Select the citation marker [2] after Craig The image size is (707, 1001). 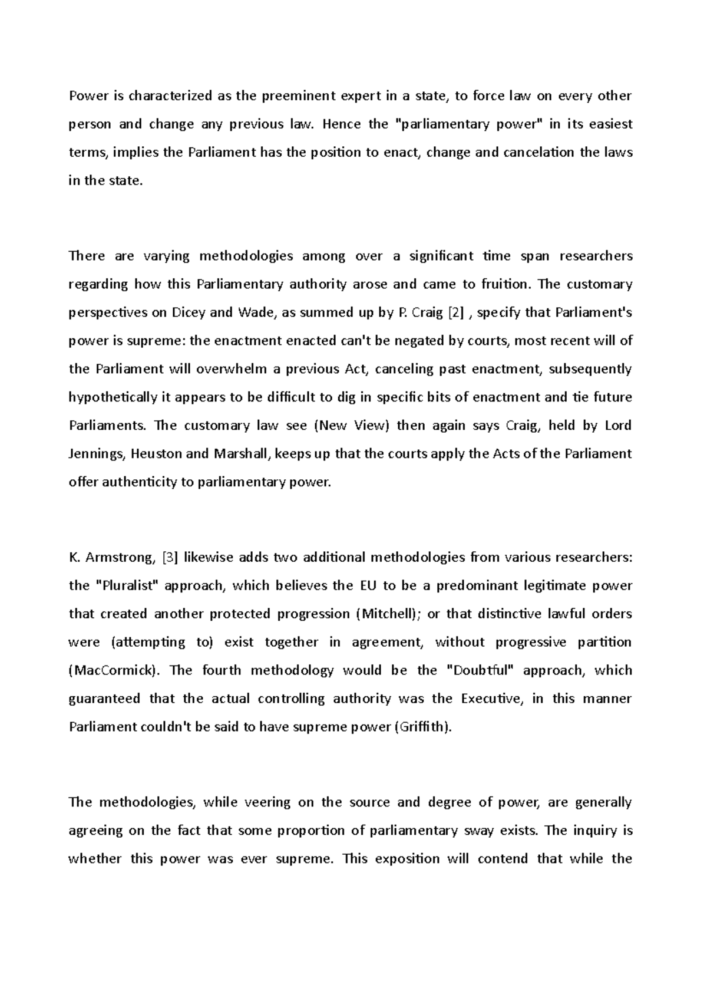tap(455, 312)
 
